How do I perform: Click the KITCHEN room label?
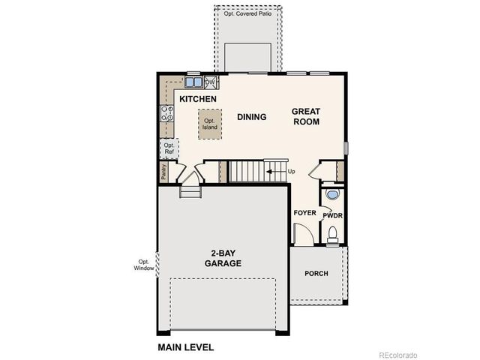click(x=198, y=99)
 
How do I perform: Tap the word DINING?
click(x=252, y=117)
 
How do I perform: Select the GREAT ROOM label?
click(x=306, y=116)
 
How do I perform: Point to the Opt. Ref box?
click(x=169, y=148)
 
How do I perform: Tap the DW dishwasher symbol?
click(x=210, y=82)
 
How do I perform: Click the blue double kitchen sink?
click(x=193, y=82)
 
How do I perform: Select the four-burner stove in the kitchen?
click(x=166, y=115)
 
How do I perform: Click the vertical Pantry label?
click(x=163, y=171)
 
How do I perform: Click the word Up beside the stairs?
click(x=291, y=172)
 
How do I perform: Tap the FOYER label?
click(x=304, y=213)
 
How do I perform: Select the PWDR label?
click(x=331, y=215)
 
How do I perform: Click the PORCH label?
click(x=316, y=273)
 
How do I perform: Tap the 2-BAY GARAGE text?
click(x=223, y=259)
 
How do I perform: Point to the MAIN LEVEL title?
click(x=185, y=347)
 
